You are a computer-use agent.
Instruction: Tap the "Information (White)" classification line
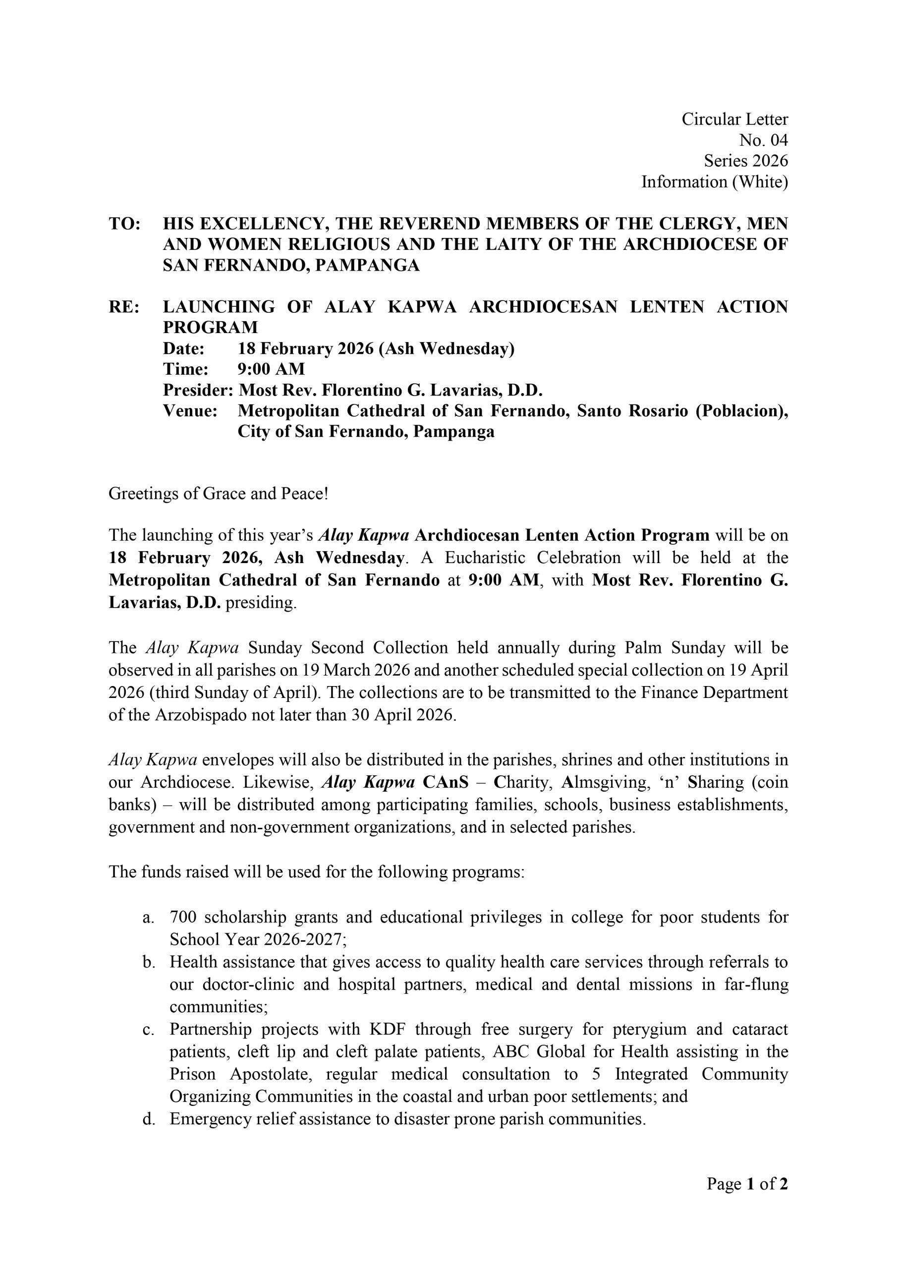click(714, 182)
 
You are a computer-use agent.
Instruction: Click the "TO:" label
click(124, 224)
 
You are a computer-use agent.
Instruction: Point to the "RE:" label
click(124, 307)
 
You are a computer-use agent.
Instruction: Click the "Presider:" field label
click(198, 391)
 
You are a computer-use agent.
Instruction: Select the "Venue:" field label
click(190, 411)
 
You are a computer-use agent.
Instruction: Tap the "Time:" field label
click(186, 369)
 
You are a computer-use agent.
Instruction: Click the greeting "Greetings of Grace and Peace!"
click(219, 493)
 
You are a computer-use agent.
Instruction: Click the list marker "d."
click(148, 1119)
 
